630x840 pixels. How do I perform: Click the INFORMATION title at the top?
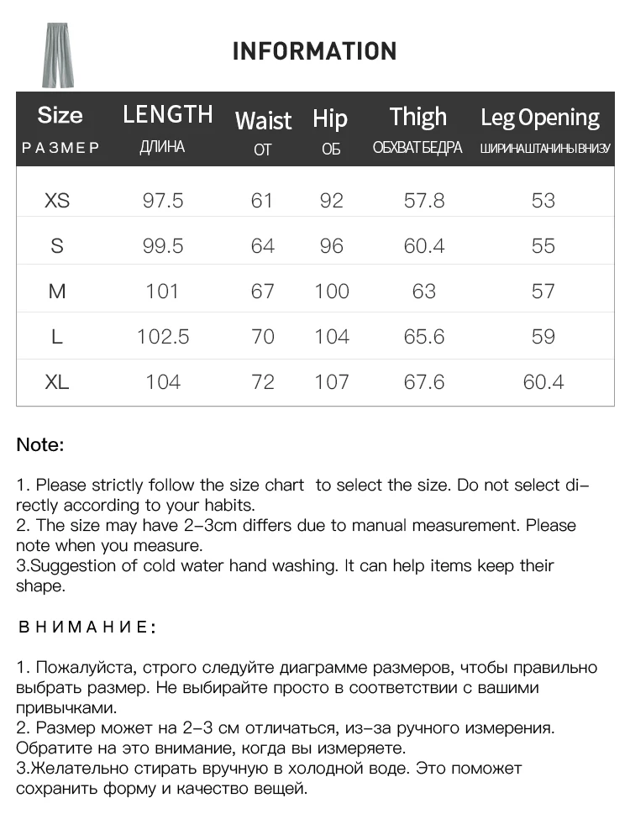pos(314,51)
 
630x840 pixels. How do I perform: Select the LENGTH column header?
pos(168,114)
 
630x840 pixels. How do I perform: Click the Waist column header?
pos(263,120)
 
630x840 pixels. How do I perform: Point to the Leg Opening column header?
pos(539,118)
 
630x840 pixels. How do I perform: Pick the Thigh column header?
pos(417,117)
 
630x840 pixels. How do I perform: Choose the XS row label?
pos(57,201)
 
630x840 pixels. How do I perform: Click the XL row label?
pos(57,382)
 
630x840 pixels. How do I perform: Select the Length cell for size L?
pos(163,337)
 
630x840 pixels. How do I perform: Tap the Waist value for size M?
pos(263,291)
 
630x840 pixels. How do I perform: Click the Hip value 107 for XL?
pos(332,382)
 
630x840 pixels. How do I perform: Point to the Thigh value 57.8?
pos(424,201)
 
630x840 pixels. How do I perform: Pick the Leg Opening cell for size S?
pos(543,246)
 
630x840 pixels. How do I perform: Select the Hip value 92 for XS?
pos(332,201)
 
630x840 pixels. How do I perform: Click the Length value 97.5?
pos(163,201)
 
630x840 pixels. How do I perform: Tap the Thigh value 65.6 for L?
pos(424,337)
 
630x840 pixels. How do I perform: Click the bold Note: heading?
pos(40,445)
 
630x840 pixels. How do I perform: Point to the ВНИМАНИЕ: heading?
pos(87,627)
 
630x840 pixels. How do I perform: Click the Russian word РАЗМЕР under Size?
pos(60,148)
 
